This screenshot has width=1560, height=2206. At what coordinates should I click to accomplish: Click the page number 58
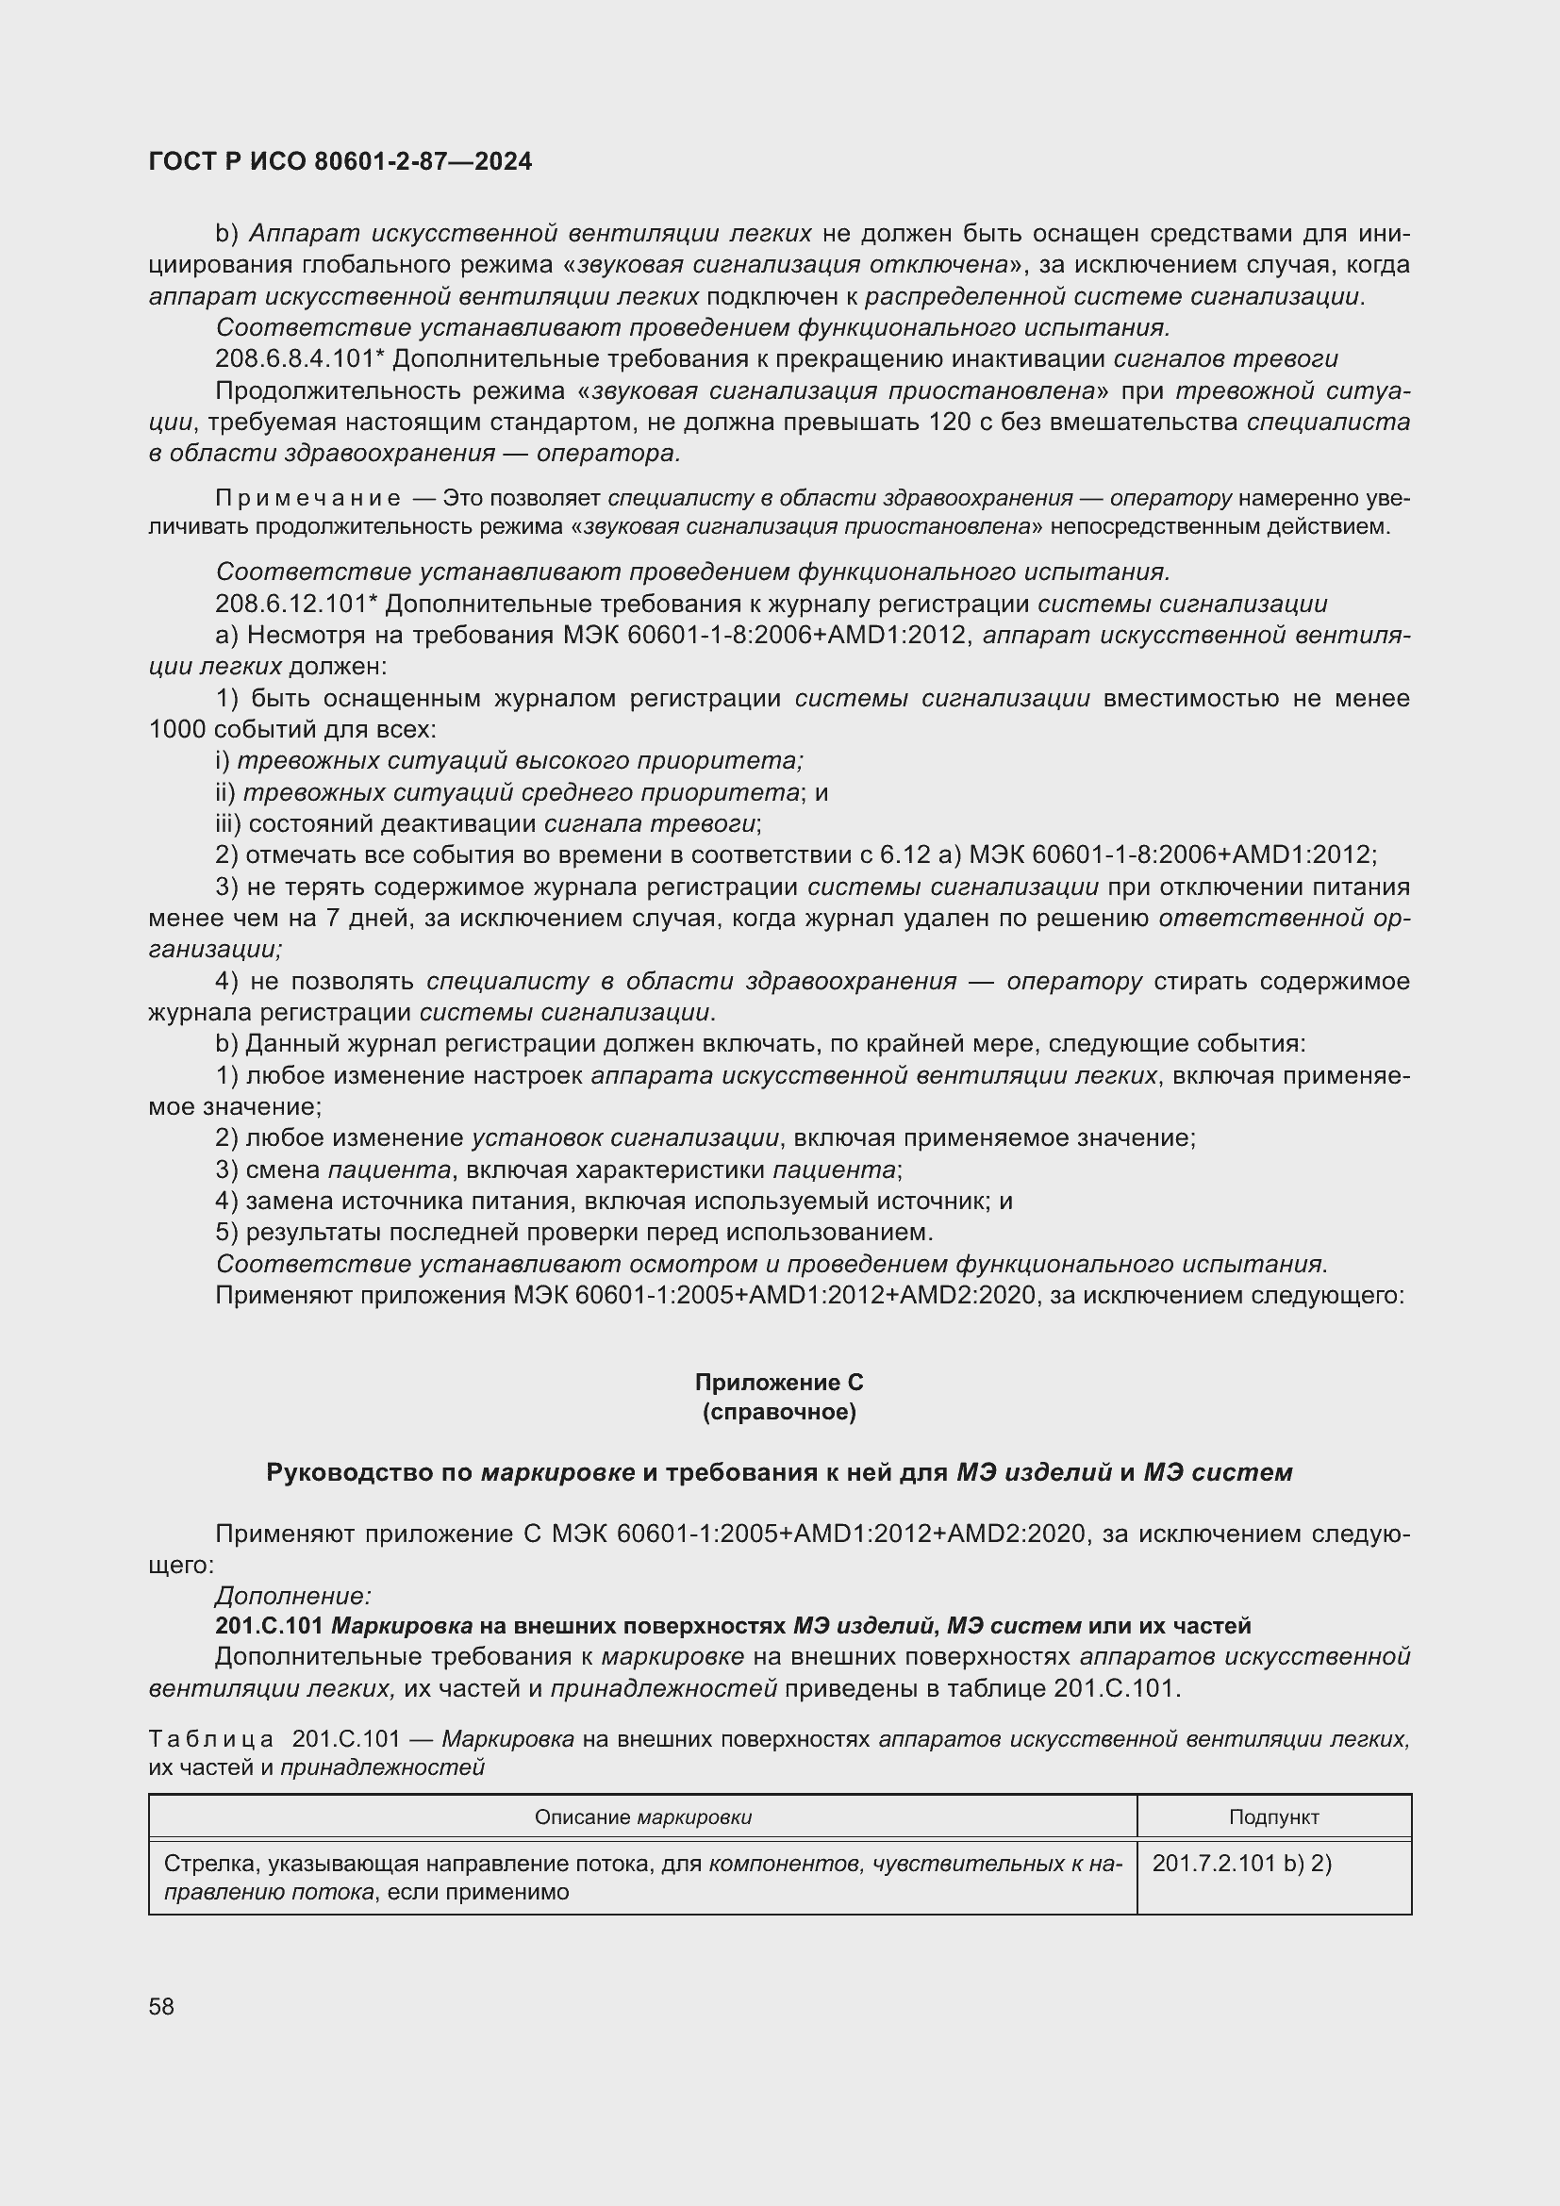(x=161, y=2006)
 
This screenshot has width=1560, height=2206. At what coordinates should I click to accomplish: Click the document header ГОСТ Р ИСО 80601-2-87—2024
(x=340, y=161)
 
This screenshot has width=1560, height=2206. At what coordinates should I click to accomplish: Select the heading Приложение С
(x=779, y=1382)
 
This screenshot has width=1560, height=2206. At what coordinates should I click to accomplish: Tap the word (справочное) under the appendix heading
(x=779, y=1412)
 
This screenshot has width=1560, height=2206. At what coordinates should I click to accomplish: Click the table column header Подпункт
(x=1272, y=1816)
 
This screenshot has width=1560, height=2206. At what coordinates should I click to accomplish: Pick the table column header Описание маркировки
(x=642, y=1816)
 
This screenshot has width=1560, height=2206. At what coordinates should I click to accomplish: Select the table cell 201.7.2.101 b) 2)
(x=1241, y=1863)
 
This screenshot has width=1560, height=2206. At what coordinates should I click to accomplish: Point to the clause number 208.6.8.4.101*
(x=300, y=359)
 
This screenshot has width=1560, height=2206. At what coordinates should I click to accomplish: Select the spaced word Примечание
(x=308, y=498)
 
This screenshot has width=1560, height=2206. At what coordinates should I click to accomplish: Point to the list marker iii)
(x=227, y=824)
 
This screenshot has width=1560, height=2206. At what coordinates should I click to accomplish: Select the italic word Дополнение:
(x=293, y=1596)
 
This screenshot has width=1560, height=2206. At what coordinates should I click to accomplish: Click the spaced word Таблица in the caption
(x=211, y=1739)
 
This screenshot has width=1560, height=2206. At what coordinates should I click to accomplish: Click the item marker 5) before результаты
(x=226, y=1232)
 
